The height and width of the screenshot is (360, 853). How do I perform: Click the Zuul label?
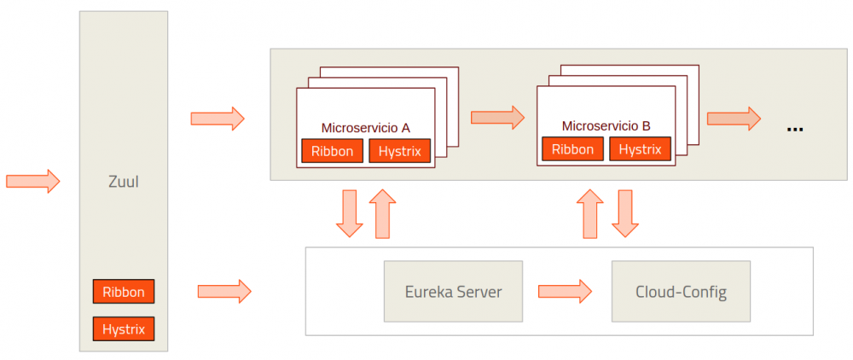coord(124,182)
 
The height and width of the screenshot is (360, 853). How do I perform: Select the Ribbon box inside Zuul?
coord(124,292)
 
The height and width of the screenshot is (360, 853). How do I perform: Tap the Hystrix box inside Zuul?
coord(124,328)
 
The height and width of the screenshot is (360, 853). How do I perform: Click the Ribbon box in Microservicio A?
coord(332,151)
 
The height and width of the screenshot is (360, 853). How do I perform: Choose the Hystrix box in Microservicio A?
coord(399,151)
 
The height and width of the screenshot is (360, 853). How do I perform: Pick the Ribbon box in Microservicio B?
coord(572,149)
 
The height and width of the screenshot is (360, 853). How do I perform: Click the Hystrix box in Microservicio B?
coord(640,149)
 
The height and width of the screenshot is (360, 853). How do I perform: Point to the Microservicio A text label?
coord(365,128)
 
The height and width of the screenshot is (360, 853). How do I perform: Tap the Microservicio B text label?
coord(606,126)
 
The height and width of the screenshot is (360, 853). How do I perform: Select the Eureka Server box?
coord(453,292)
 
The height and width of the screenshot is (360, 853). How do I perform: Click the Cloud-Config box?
coord(681,292)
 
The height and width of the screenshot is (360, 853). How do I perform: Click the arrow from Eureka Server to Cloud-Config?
coord(565,291)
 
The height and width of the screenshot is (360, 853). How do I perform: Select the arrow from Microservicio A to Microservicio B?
coord(497,116)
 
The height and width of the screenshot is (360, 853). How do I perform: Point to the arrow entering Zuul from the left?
coord(33,181)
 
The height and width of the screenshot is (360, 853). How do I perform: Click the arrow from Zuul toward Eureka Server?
coord(224,291)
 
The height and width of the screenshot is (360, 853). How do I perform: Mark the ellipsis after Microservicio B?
coord(795,128)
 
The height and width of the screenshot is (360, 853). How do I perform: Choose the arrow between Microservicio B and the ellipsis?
coord(734,118)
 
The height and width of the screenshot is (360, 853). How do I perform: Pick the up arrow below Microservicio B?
coord(589,213)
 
